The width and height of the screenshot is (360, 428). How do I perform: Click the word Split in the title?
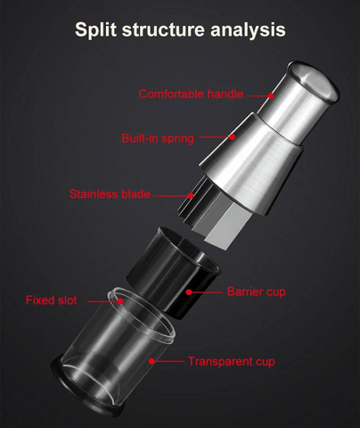point(96,30)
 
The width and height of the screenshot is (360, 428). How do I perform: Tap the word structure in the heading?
point(163,30)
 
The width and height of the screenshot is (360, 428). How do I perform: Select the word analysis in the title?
point(248,30)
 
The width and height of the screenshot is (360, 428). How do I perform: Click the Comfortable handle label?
point(191,95)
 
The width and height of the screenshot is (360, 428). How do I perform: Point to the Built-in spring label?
point(158,138)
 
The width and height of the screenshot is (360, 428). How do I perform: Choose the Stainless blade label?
point(110,194)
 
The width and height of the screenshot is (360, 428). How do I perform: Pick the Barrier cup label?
point(257,292)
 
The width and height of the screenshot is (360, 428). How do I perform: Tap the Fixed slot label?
point(52,300)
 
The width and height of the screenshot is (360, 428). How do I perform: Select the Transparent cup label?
point(232,361)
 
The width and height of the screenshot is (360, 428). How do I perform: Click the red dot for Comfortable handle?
point(271,95)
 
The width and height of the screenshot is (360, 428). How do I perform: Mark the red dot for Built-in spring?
point(233,136)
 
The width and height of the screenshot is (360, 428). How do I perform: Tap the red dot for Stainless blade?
point(191,195)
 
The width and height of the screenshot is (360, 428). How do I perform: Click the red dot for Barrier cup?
point(189,292)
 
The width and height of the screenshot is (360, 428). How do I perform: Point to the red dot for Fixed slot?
point(120,301)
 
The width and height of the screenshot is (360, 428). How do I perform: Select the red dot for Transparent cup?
point(151,361)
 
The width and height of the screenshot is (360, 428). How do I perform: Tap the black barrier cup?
point(174,272)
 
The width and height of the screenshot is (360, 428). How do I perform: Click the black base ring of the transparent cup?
point(86,392)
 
